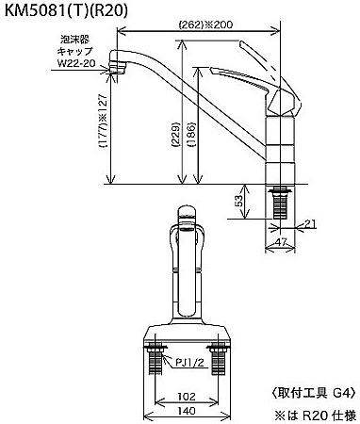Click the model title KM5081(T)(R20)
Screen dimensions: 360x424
pyautogui.click(x=66, y=11)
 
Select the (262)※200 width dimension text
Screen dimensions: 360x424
pyautogui.click(x=205, y=24)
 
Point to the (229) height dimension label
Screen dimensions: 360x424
pyautogui.click(x=176, y=135)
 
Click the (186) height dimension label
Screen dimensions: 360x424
pyautogui.click(x=191, y=135)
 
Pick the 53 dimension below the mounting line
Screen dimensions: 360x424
pyautogui.click(x=238, y=201)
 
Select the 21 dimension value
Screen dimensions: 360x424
pyautogui.click(x=310, y=223)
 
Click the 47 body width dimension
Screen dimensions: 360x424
pyautogui.click(x=281, y=242)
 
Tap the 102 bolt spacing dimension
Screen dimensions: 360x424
pyautogui.click(x=187, y=397)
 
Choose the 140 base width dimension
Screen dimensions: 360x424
pyautogui.click(x=187, y=411)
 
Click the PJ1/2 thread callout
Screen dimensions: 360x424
pyautogui.click(x=189, y=363)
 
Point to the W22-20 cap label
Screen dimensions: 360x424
pyautogui.click(x=76, y=63)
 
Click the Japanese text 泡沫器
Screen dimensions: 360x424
pyautogui.click(x=75, y=40)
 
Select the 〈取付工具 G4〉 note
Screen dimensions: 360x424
pyautogui.click(x=313, y=393)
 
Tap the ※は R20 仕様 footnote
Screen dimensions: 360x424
pyautogui.click(x=316, y=416)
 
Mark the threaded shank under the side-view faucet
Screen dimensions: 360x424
pyautogui.click(x=280, y=204)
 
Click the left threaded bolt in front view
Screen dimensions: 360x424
pyautogui.click(x=155, y=360)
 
